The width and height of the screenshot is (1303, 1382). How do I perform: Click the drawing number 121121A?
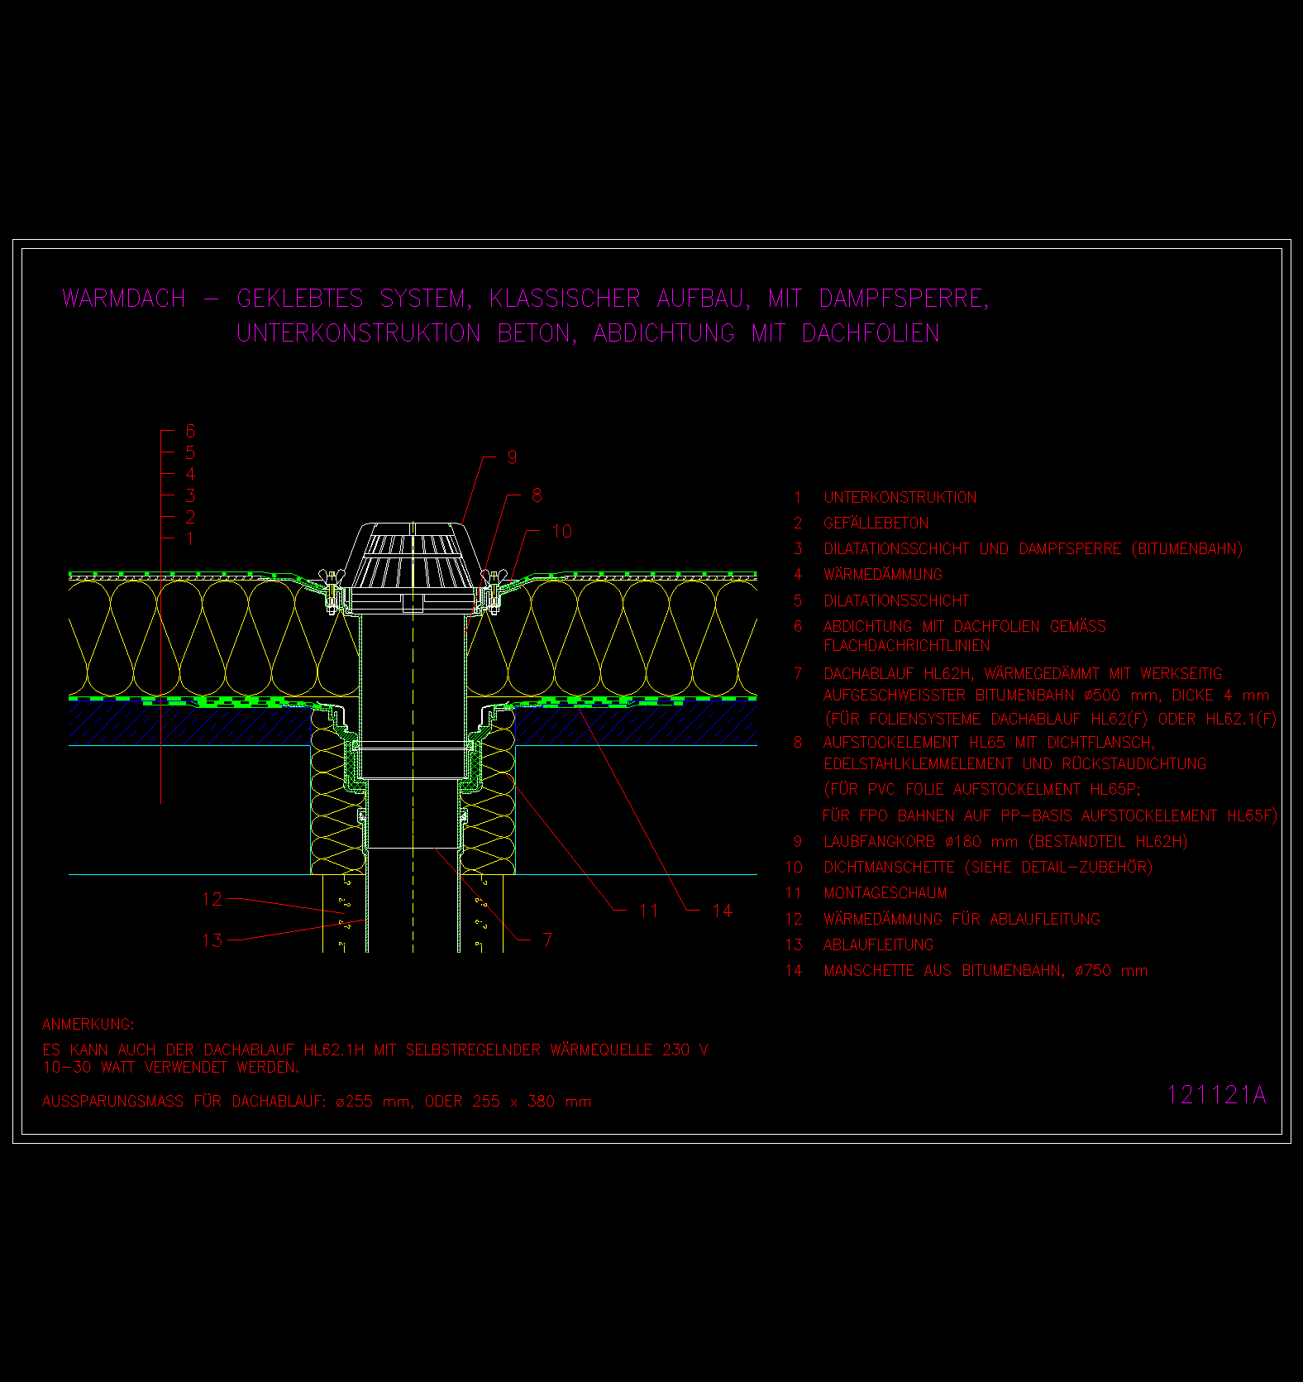1216,1095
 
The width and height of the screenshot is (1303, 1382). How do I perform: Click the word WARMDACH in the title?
124,299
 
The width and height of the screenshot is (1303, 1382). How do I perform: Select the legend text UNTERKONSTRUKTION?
900,497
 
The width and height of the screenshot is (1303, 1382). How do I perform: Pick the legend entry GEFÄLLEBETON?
876,523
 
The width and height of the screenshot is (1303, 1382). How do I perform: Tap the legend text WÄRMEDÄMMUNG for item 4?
883,574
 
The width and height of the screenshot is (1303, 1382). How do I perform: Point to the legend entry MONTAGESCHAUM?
885,892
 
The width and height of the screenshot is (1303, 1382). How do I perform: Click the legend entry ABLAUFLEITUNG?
878,944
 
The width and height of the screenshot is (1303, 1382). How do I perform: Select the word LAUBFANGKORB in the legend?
879,841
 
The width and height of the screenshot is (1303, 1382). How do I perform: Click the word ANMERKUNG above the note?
88,1024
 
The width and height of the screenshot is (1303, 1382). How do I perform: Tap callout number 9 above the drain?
512,457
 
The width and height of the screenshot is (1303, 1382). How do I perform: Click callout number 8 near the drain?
537,495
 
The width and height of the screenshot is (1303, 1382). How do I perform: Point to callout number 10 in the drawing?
561,531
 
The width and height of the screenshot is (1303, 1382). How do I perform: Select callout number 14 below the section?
722,911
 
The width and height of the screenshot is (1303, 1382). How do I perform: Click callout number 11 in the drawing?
649,911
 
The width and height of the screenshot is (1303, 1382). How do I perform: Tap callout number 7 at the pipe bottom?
547,940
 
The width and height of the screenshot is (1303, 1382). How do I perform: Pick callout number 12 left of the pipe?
212,899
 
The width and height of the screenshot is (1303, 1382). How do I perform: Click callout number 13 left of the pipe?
212,940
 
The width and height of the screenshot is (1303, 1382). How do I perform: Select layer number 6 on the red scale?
190,431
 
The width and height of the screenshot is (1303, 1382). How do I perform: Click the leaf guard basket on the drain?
412,555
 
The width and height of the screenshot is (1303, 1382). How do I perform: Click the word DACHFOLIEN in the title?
870,333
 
